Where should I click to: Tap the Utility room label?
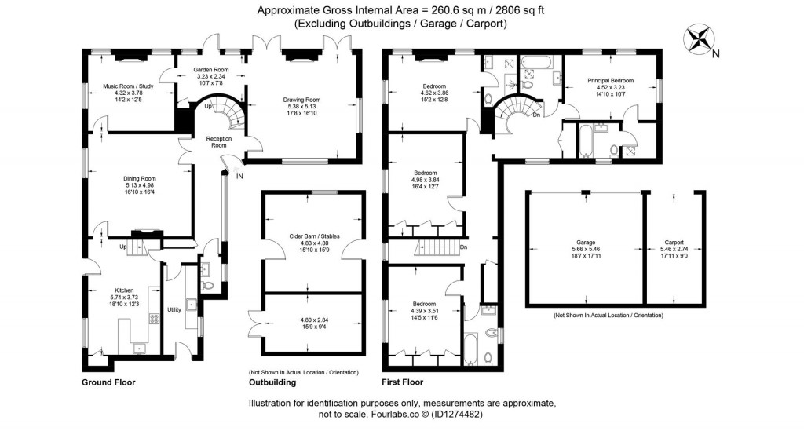click(x=174, y=310)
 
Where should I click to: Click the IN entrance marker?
click(x=239, y=177)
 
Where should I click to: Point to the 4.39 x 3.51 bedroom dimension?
click(x=427, y=309)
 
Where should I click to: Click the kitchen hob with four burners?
click(x=155, y=318)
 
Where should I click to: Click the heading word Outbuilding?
click(x=272, y=382)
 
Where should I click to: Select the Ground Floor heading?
click(x=108, y=382)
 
